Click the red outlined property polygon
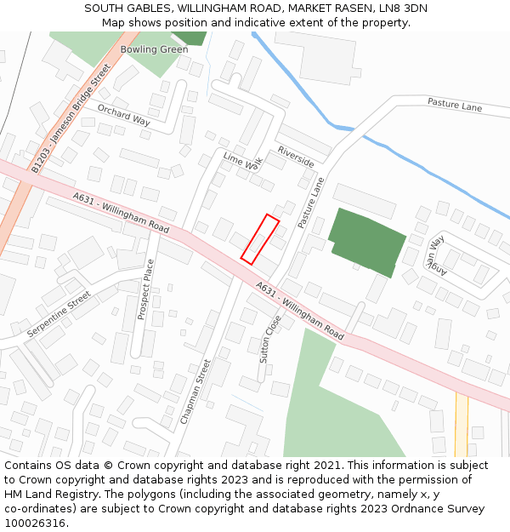click(260, 238)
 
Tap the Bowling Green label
click(154, 49)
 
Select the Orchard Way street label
click(123, 115)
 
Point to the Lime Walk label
click(243, 162)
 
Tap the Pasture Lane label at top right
click(455, 106)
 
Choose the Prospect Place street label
click(144, 289)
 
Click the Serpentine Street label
click(58, 314)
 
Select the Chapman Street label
click(195, 392)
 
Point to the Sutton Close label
click(270, 340)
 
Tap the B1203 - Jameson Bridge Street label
click(71, 119)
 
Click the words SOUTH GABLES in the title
click(122, 9)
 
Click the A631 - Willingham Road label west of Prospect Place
click(121, 213)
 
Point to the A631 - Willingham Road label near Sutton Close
click(299, 312)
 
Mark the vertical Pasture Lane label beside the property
click(311, 203)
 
